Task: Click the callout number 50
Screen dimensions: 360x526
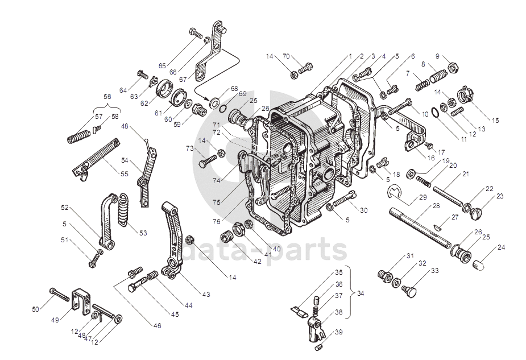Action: tap(36, 309)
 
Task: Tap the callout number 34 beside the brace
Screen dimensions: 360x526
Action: tap(359, 293)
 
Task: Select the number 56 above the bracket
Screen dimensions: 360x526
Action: tap(107, 97)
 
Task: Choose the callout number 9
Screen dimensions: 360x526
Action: tap(438, 56)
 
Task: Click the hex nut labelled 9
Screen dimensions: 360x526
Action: tap(454, 68)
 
